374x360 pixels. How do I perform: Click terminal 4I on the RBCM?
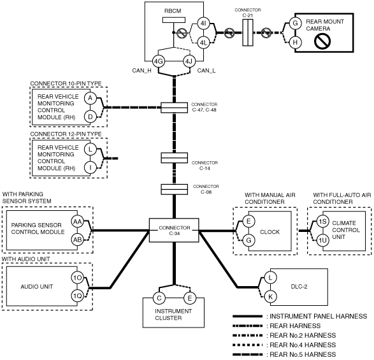[203, 24]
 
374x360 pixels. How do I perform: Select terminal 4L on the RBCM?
[203, 43]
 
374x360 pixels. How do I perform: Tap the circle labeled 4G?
[159, 61]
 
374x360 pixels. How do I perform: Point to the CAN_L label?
[206, 70]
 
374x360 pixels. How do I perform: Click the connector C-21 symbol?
[248, 32]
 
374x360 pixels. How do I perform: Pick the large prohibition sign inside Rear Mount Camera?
[322, 41]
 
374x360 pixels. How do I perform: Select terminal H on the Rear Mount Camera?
[295, 43]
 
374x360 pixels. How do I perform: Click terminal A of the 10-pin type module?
[90, 98]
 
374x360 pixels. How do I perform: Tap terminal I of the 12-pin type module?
[90, 168]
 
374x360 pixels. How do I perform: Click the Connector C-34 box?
[174, 230]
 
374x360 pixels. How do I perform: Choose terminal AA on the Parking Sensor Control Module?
[77, 222]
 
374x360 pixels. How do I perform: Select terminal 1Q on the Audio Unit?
[77, 296]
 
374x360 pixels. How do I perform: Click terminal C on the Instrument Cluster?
[159, 298]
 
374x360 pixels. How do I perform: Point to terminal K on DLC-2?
[270, 296]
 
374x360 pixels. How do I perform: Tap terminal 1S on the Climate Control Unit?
[323, 221]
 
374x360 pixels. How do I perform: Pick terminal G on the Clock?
[248, 240]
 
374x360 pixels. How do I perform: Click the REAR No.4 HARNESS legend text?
[303, 345]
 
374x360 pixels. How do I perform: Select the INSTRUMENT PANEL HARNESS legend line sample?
[248, 316]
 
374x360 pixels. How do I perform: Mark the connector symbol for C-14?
[174, 158]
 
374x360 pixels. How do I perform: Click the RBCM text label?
[173, 11]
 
